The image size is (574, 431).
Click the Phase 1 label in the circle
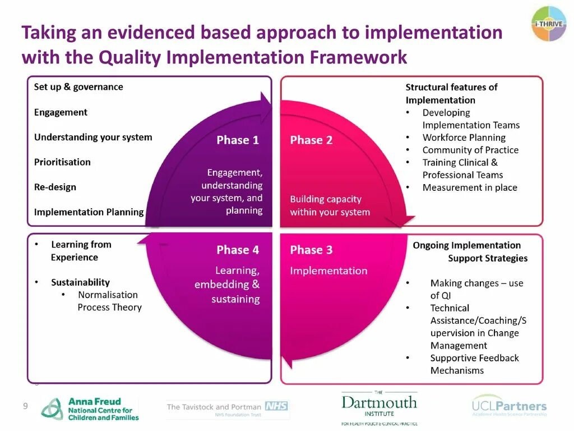[x=238, y=140]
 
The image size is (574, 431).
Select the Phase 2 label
[x=311, y=140]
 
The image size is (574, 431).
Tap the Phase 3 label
[x=311, y=250]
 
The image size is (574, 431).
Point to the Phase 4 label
[x=238, y=250]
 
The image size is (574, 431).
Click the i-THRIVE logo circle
[x=548, y=24]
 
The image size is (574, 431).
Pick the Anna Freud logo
[x=90, y=409]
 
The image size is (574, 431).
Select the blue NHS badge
[x=276, y=406]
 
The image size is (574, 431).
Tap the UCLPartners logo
[x=508, y=406]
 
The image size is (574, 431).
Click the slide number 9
[x=25, y=406]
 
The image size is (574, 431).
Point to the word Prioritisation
[x=62, y=162]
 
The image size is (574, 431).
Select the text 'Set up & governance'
[x=78, y=87]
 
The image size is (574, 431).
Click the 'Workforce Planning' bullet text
[x=464, y=137]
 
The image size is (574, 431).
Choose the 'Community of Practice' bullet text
[x=470, y=150]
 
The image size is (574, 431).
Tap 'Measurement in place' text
[x=470, y=187]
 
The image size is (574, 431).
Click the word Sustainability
[x=80, y=282]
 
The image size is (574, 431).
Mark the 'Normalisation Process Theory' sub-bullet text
[x=109, y=301]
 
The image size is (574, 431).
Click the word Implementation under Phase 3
[x=328, y=270]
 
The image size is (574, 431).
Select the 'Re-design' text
[x=55, y=187]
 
